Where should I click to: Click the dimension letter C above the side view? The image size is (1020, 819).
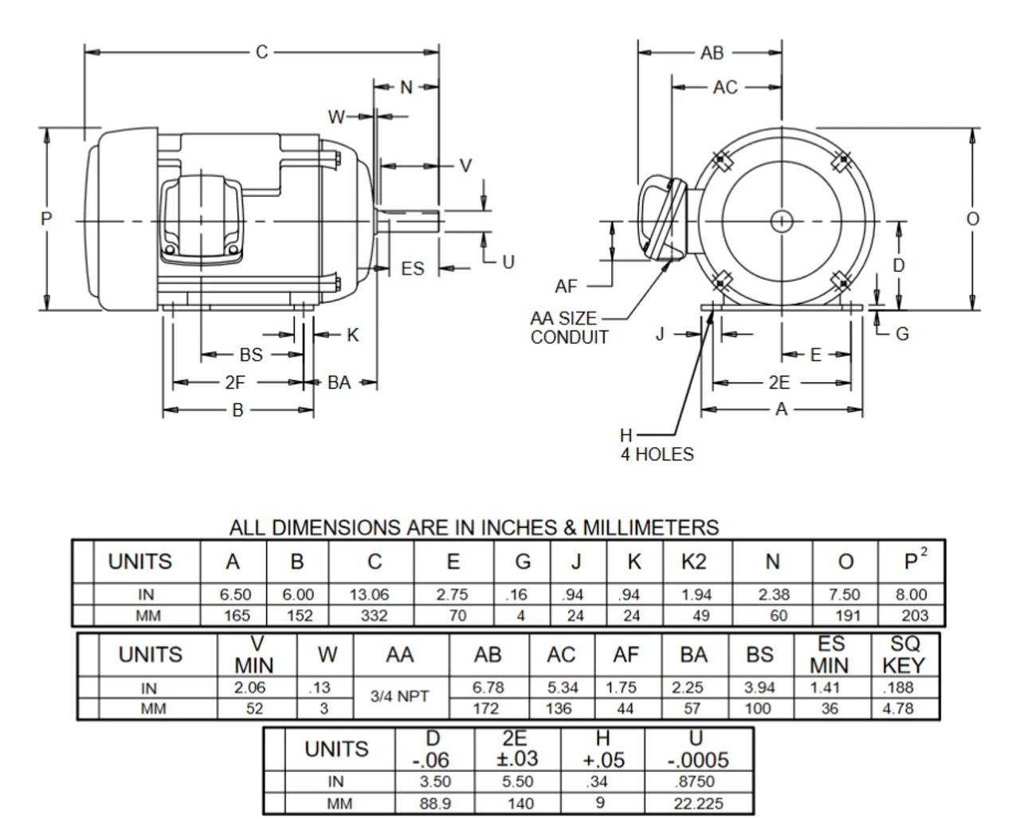[262, 53]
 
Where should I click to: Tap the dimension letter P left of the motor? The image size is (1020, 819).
[47, 218]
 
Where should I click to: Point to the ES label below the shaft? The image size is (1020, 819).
[413, 269]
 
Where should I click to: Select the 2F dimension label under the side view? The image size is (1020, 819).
[234, 382]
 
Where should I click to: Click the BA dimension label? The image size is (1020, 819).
[339, 382]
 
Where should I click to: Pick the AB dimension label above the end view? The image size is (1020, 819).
[712, 53]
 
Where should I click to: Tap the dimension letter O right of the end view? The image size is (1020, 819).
[973, 219]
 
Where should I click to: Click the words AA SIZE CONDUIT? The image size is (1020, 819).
[569, 328]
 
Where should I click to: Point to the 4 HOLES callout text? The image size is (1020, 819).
[657, 455]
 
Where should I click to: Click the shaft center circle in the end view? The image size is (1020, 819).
[782, 220]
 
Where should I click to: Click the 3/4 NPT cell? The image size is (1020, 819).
[400, 696]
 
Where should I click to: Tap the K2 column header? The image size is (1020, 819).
[693, 562]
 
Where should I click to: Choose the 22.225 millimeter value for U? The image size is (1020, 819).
[698, 804]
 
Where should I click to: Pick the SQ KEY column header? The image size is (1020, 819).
[904, 654]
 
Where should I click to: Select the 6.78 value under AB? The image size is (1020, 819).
[488, 687]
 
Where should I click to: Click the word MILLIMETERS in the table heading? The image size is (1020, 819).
[651, 527]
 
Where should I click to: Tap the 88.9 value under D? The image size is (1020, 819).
[435, 804]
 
